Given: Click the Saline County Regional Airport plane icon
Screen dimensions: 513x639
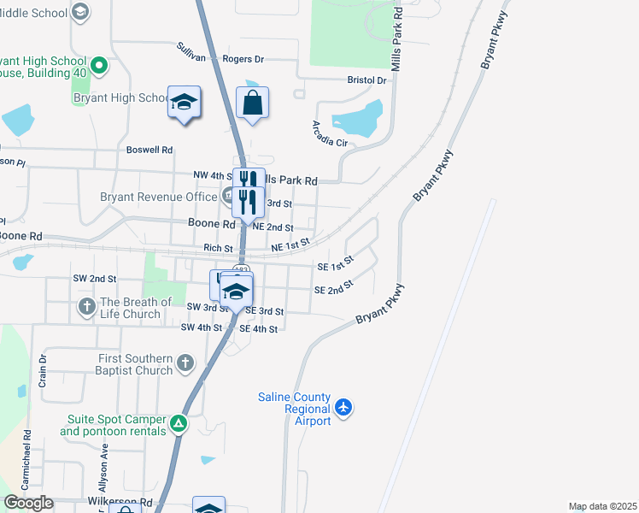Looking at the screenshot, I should click(343, 407).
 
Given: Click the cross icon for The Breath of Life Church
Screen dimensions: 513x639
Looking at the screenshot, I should click(86, 306).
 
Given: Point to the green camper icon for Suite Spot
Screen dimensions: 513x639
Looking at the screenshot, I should click(178, 422).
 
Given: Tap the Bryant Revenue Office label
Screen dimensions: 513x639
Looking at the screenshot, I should click(159, 197).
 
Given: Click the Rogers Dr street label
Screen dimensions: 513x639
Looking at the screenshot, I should click(243, 59).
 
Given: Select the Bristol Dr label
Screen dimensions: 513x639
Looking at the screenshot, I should click(367, 80).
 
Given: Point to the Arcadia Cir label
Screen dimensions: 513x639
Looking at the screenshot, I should click(330, 133).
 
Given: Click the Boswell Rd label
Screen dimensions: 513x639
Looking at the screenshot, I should click(149, 149).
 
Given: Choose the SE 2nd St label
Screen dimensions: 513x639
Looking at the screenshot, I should click(334, 290).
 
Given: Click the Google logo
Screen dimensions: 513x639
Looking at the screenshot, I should click(28, 503).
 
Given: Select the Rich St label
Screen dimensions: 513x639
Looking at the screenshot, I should click(218, 248).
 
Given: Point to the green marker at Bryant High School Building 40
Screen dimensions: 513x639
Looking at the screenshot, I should click(99, 64).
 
